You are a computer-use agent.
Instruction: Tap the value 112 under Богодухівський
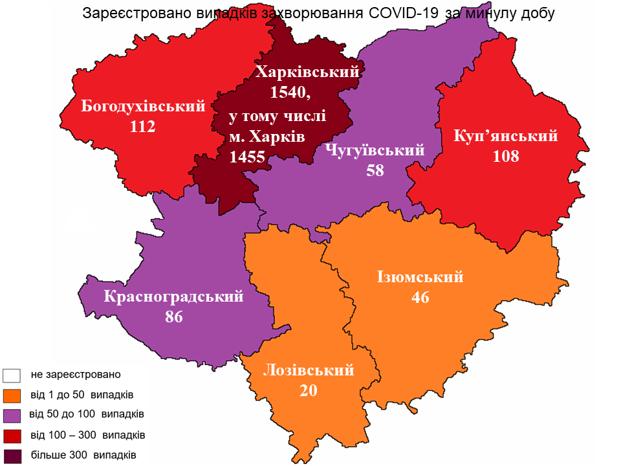pyautogui.click(x=143, y=126)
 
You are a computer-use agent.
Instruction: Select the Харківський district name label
pyautogui.click(x=307, y=72)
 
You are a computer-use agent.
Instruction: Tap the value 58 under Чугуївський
pyautogui.click(x=375, y=171)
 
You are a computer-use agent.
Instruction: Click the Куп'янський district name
pyautogui.click(x=506, y=136)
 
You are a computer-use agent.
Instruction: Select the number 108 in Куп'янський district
pyautogui.click(x=506, y=156)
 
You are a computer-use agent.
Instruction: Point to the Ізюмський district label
pyautogui.click(x=420, y=277)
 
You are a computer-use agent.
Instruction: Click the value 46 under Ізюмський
pyautogui.click(x=420, y=297)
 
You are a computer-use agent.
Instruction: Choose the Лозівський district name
pyautogui.click(x=309, y=371)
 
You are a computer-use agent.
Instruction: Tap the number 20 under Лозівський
pyautogui.click(x=309, y=390)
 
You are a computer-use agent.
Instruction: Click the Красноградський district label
pyautogui.click(x=174, y=297)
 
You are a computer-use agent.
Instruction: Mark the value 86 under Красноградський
pyautogui.click(x=174, y=317)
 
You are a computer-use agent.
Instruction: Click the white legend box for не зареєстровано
pyautogui.click(x=13, y=375)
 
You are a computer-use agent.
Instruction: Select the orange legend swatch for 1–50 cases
pyautogui.click(x=13, y=395)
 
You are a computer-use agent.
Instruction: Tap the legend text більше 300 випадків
pyautogui.click(x=83, y=454)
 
